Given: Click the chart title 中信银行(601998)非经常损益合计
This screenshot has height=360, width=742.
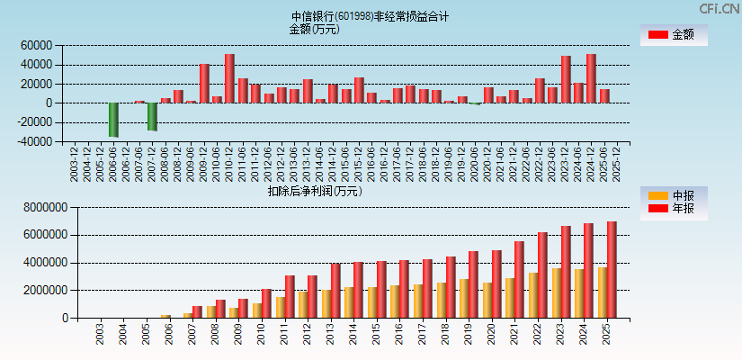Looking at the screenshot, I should [370, 16].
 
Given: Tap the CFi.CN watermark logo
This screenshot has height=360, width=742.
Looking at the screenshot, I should [720, 9].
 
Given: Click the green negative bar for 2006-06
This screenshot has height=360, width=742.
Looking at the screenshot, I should [114, 120].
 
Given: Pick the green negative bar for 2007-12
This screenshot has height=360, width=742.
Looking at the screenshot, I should [153, 117].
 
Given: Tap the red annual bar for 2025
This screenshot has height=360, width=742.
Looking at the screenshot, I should [612, 270].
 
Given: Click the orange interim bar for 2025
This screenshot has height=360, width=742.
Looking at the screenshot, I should [603, 292].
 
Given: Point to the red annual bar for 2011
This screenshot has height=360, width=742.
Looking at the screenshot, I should [290, 297].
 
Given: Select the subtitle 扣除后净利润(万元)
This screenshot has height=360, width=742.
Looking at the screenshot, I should [314, 191].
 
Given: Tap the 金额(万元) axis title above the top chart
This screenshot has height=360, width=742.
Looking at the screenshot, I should [314, 29].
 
